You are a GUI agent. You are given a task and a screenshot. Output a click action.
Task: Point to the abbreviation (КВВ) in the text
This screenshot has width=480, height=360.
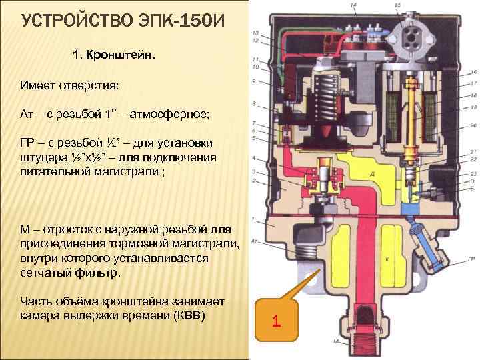pyautogui.click(x=185, y=315)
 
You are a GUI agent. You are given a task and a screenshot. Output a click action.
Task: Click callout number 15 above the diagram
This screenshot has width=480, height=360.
pyautogui.click(x=398, y=5)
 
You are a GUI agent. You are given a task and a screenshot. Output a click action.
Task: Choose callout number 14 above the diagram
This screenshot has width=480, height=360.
pyautogui.click(x=353, y=5)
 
